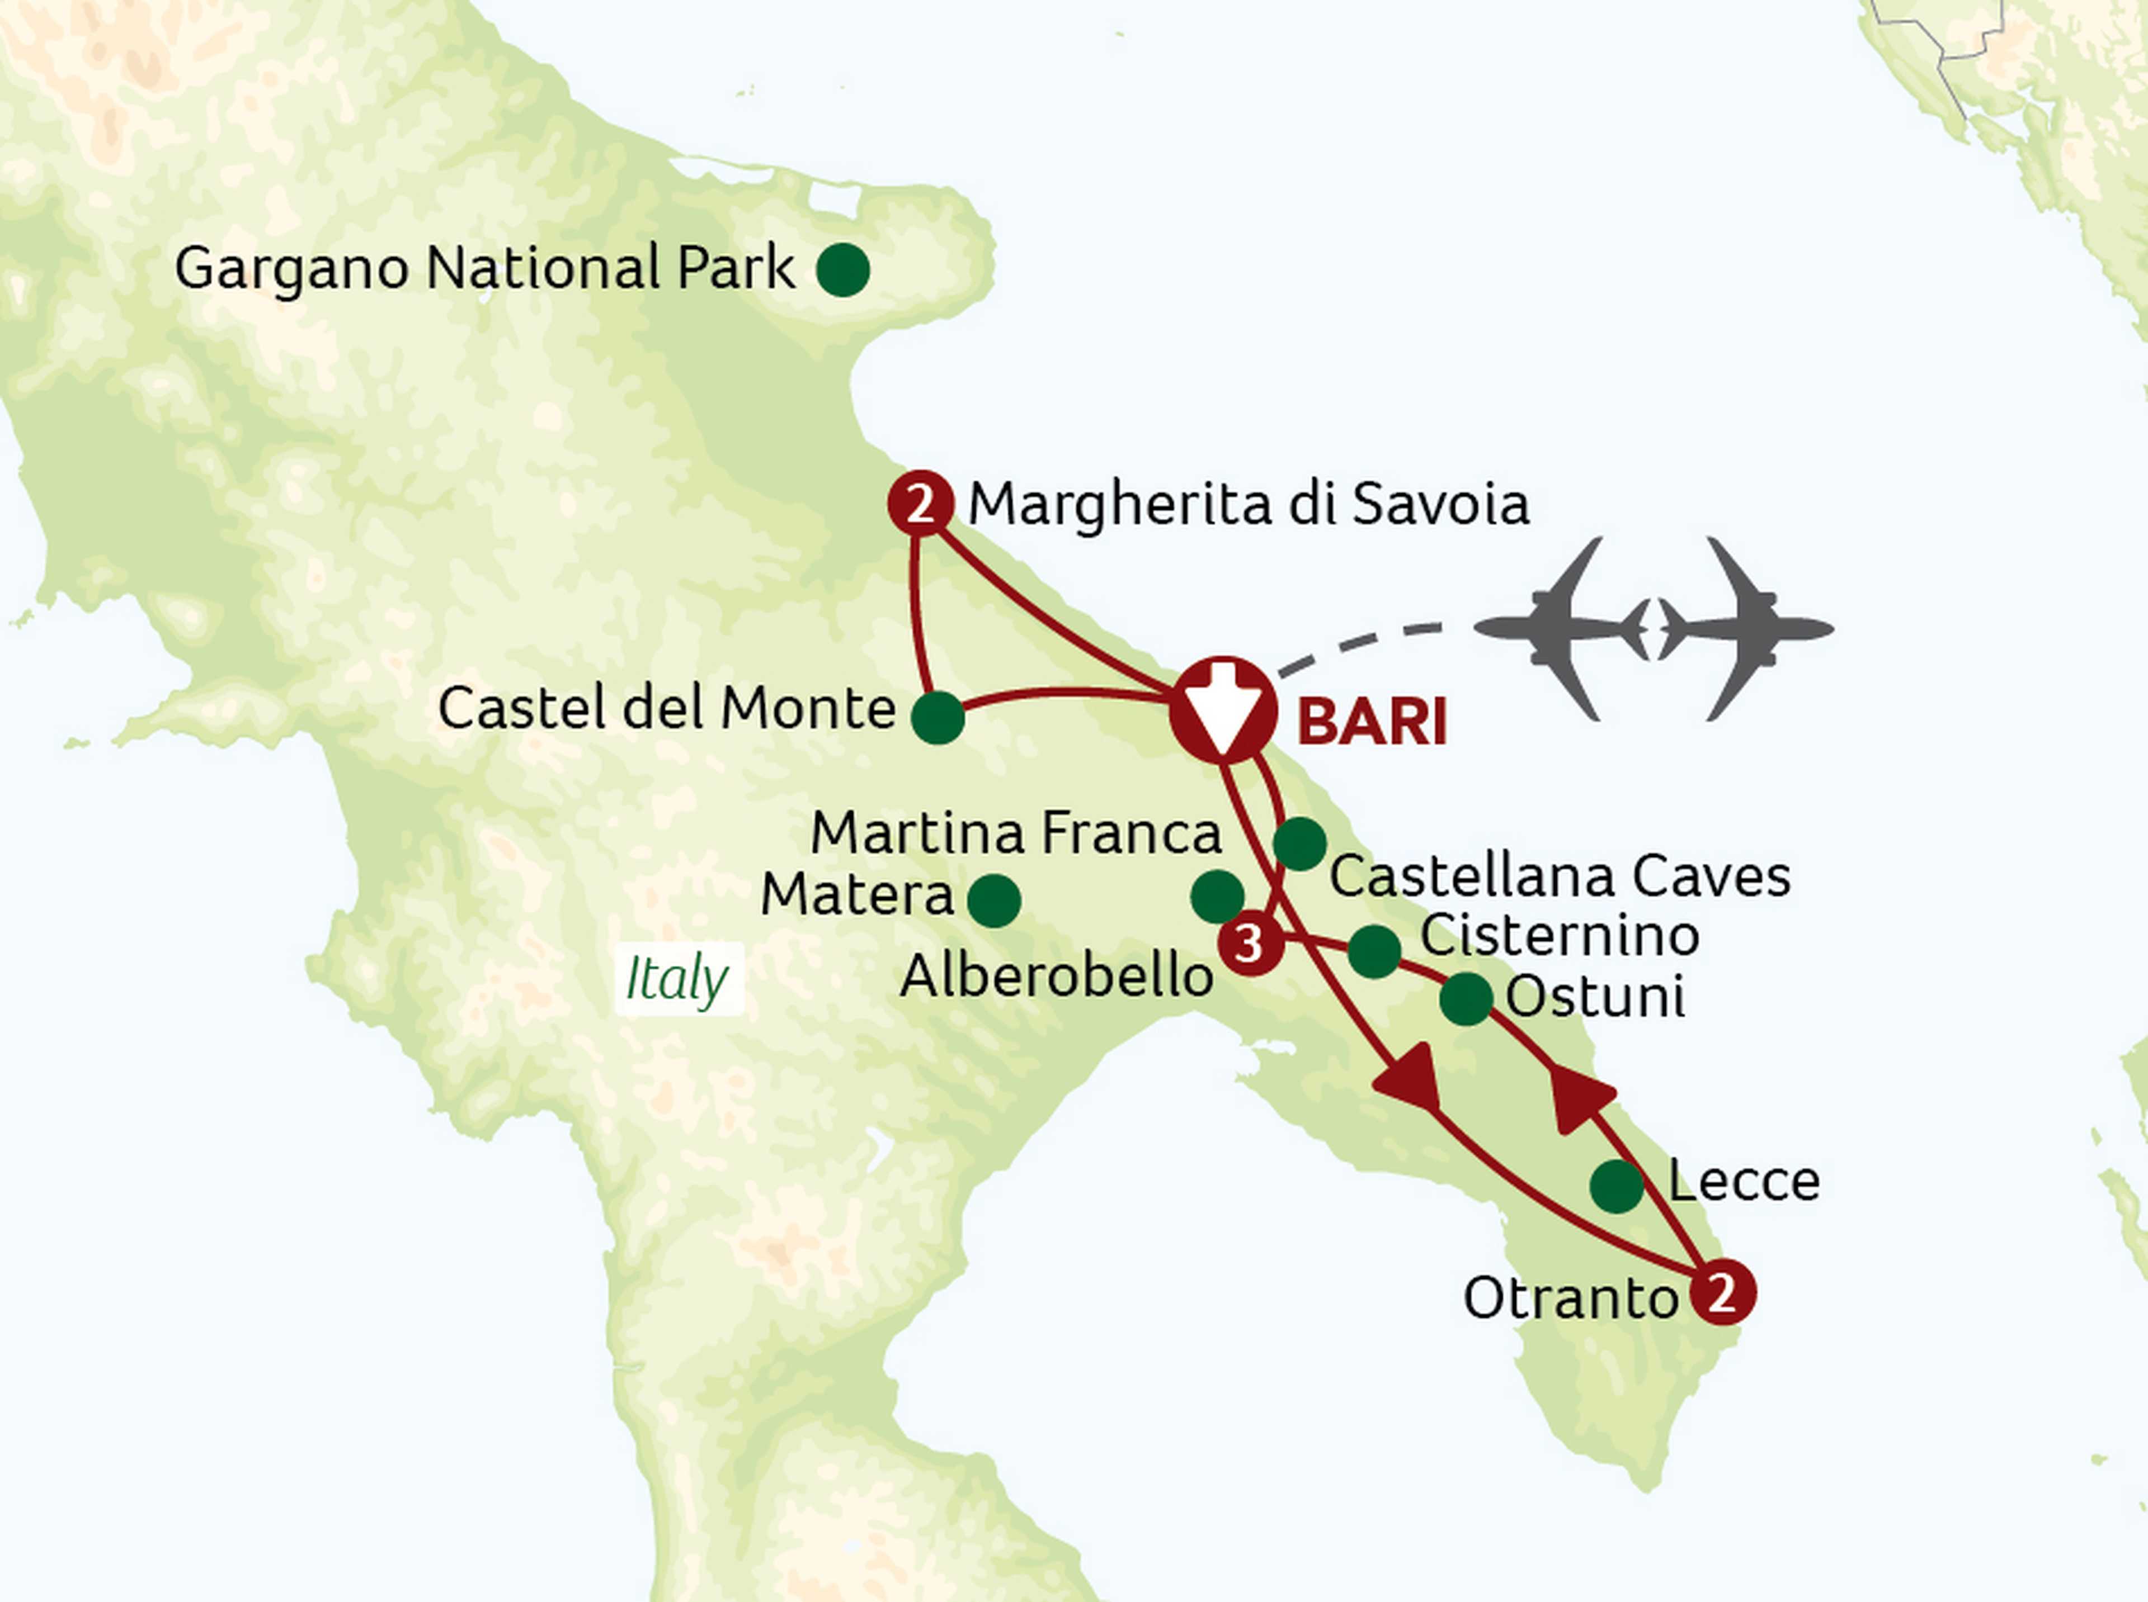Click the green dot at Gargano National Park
pos(842,269)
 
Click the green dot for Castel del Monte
pos(937,718)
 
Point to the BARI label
pos(1371,722)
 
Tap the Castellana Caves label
pos(1559,876)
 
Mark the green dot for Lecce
pos(1617,1185)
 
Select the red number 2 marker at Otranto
pos(1722,1293)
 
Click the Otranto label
pos(1570,1297)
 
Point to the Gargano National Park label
pos(484,269)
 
